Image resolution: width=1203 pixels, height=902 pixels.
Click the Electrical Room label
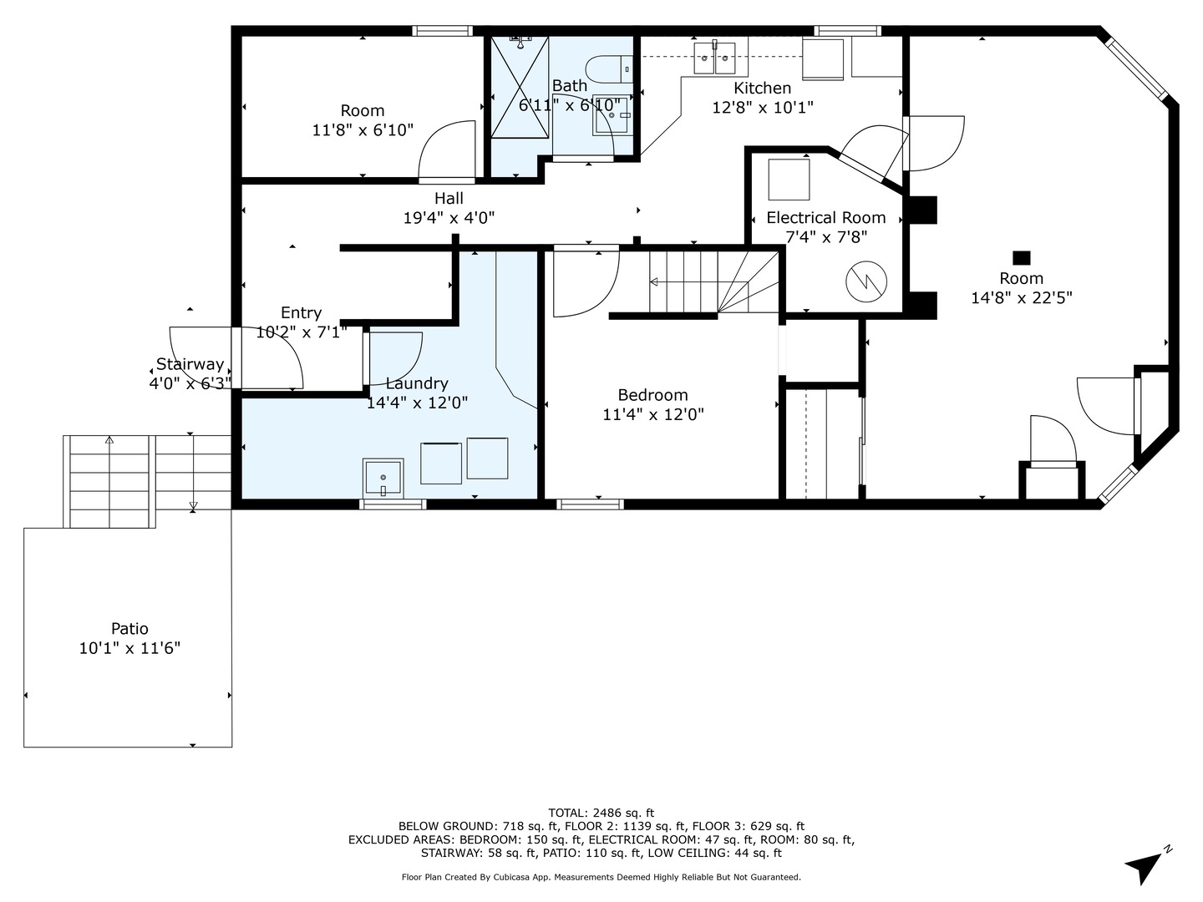(825, 218)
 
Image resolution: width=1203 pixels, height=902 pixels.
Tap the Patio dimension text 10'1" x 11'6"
(129, 648)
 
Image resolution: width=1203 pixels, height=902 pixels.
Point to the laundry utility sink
(383, 477)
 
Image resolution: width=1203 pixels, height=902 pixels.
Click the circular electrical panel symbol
(865, 282)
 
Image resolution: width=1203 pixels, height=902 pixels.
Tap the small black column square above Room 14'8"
(1021, 258)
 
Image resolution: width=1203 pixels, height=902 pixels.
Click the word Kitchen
(762, 89)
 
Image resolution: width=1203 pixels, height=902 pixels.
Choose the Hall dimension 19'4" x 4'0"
(449, 218)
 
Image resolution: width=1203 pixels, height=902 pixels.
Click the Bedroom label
(652, 395)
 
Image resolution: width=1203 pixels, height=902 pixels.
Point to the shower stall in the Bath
(520, 88)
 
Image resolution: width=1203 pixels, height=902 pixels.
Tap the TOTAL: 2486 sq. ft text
(601, 813)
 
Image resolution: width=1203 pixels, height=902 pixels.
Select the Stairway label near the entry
(190, 364)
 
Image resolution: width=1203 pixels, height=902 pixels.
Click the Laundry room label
(417, 383)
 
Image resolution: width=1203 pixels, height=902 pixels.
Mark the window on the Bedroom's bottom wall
(590, 504)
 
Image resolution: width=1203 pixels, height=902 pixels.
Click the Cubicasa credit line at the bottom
(601, 877)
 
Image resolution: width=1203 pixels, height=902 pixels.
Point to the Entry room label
(301, 312)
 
